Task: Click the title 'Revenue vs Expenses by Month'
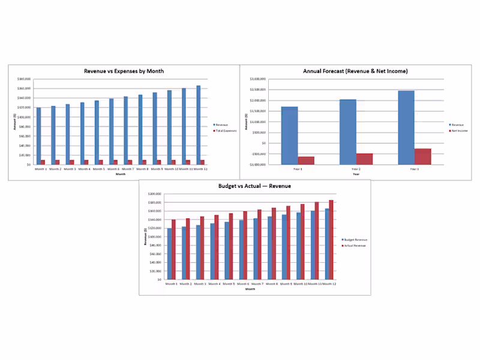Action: click(x=124, y=71)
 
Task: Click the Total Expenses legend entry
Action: click(x=227, y=130)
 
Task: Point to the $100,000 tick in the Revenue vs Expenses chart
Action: click(x=25, y=117)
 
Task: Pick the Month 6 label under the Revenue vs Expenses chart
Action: click(x=113, y=169)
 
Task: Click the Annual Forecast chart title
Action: click(x=355, y=71)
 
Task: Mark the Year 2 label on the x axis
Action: click(x=356, y=169)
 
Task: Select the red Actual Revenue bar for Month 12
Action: click(x=331, y=239)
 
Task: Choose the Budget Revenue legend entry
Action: click(x=356, y=239)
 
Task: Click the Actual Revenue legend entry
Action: click(x=356, y=245)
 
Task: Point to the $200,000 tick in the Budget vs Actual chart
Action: click(x=155, y=194)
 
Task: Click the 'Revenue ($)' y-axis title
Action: click(x=146, y=236)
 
